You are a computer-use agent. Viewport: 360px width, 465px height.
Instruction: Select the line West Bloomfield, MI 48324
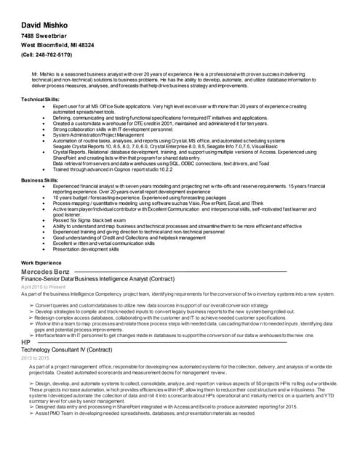[x=57, y=44]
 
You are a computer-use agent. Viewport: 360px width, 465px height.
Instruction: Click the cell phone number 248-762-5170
[x=47, y=54]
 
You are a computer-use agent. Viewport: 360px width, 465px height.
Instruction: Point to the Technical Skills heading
[x=40, y=98]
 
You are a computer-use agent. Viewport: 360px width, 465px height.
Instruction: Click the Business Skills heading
[x=40, y=179]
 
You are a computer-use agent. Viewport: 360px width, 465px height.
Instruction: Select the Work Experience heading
[x=41, y=262]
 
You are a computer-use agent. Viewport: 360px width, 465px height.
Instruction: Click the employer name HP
[x=25, y=342]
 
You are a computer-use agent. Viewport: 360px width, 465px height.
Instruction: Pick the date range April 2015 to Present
[x=44, y=287]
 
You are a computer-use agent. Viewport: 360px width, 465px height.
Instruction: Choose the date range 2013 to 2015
[x=35, y=358]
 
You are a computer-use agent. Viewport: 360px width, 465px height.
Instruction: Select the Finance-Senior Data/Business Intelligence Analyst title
[x=97, y=279]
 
